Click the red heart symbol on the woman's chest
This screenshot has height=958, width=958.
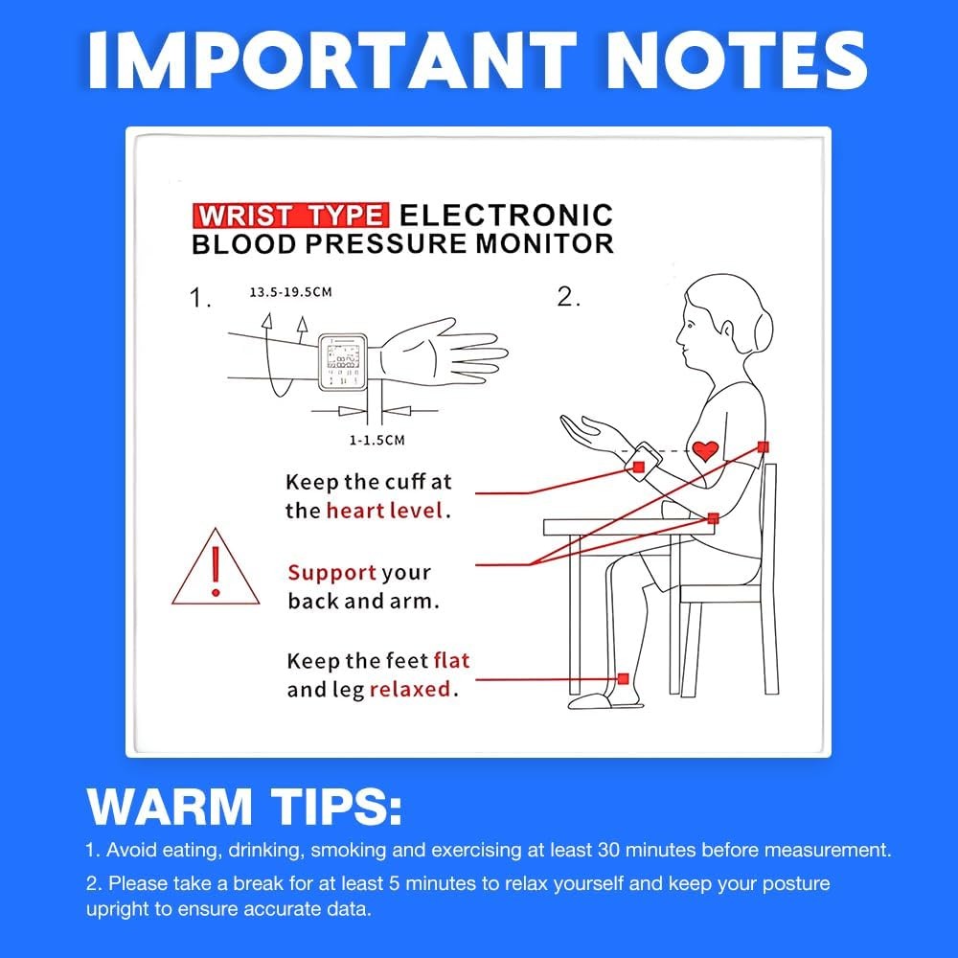point(705,451)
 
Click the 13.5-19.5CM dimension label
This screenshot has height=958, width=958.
point(291,292)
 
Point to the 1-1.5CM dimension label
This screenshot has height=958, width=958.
point(376,440)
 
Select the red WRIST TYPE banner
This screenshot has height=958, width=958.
point(290,216)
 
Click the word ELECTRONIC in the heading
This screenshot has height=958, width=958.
point(506,215)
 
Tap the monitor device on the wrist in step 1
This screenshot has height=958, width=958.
point(343,362)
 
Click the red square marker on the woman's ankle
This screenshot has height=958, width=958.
point(624,679)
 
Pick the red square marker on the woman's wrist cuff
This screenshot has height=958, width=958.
point(638,468)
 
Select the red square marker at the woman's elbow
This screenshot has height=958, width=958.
point(713,518)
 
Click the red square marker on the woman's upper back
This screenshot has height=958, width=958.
point(764,447)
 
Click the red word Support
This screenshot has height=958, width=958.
point(331,573)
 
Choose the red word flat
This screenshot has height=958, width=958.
point(451,660)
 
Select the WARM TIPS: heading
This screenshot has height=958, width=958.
point(244,807)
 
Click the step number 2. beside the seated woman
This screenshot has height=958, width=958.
point(568,297)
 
